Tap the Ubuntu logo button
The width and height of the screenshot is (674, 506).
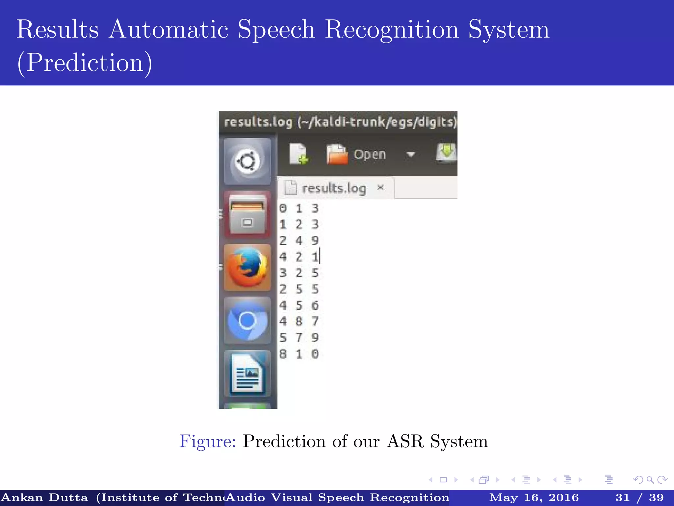247,161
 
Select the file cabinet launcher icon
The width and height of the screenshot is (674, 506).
247,214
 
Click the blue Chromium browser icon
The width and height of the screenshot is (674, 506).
247,321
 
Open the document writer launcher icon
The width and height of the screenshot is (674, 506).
247,374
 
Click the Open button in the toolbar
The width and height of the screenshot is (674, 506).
369,155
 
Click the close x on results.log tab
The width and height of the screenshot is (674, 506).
380,187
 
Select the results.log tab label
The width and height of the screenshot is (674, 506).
334,188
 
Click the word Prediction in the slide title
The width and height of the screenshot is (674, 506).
85,62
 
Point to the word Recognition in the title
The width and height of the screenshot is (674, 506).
392,29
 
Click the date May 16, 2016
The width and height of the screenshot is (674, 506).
534,497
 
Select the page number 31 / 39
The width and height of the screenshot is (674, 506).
639,497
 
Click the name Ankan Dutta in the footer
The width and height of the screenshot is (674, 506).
45,497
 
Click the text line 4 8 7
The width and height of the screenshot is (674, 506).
299,321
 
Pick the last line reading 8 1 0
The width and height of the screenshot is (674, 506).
299,354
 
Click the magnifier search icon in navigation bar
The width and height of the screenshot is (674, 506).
650,480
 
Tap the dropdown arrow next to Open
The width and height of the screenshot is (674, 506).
411,154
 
